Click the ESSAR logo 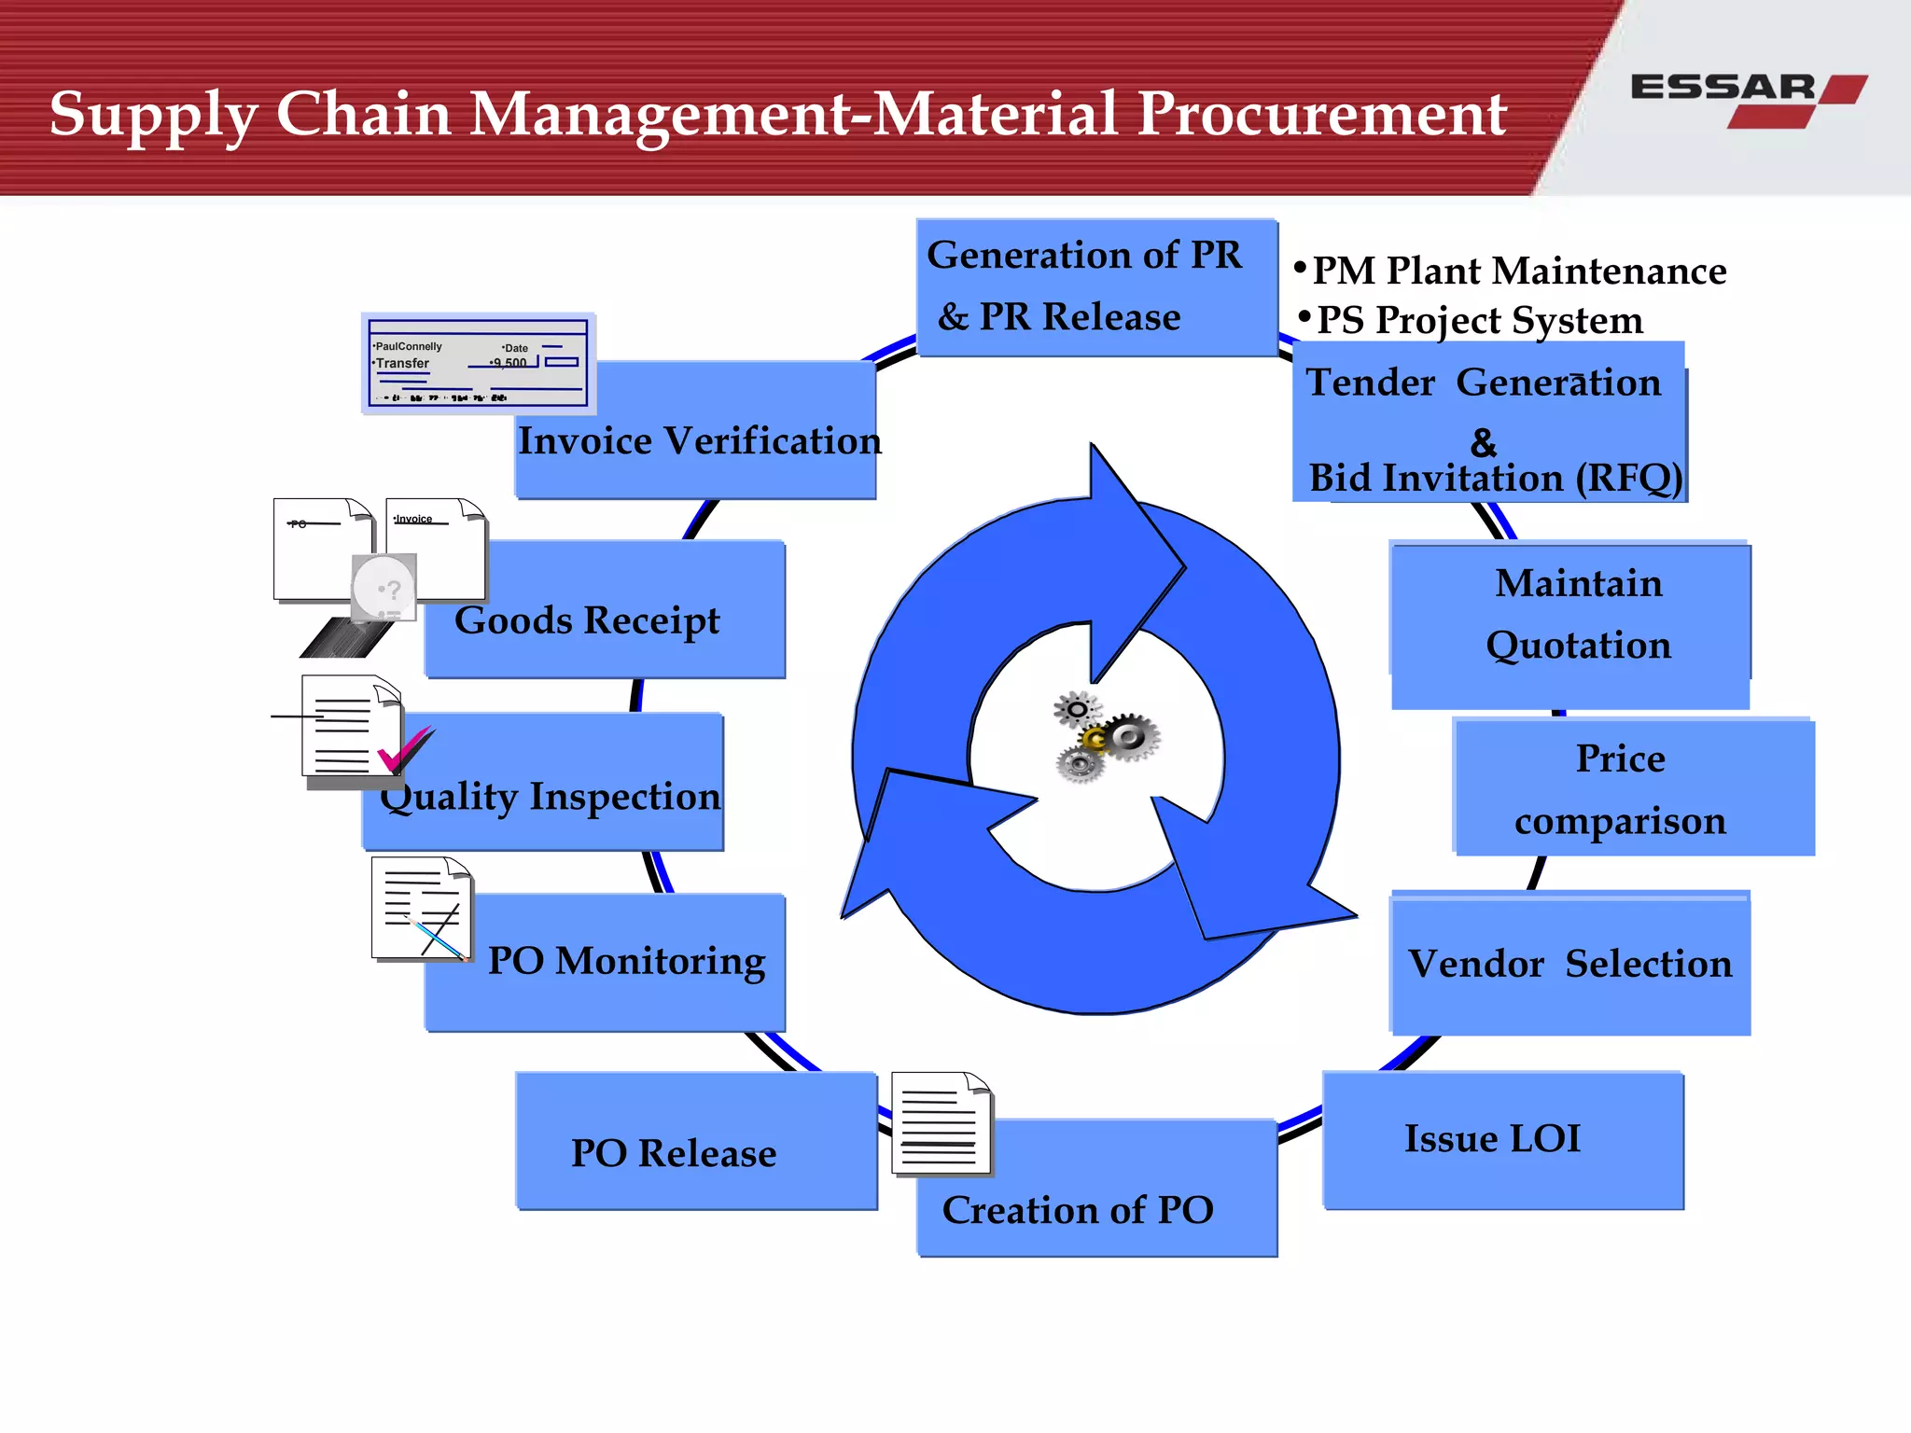(x=1747, y=98)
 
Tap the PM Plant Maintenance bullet (x=1517, y=271)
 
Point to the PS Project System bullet (x=1478, y=320)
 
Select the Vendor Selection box (x=1569, y=964)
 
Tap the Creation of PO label (x=1078, y=1210)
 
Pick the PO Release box (x=674, y=1152)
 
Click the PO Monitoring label (x=626, y=961)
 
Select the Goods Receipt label (x=587, y=620)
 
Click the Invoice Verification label (x=699, y=441)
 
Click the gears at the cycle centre (x=1106, y=736)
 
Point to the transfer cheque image (x=478, y=364)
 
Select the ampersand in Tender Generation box (x=1483, y=442)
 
